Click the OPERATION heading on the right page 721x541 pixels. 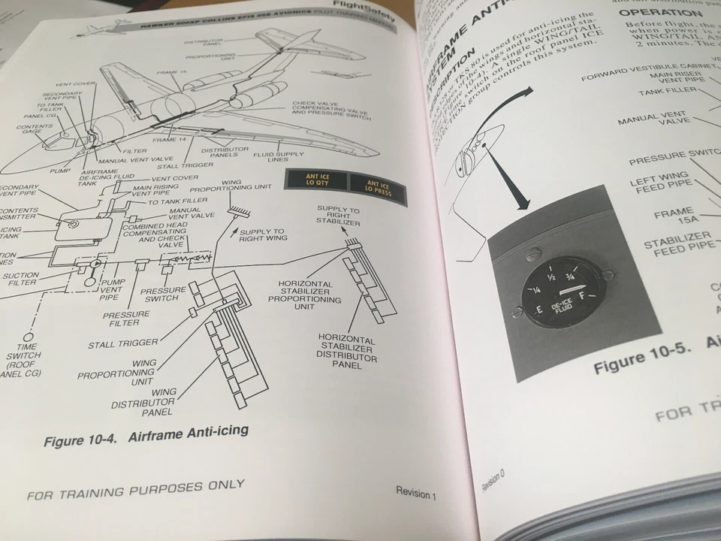click(664, 14)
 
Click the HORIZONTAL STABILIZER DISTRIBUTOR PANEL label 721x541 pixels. click(346, 351)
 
